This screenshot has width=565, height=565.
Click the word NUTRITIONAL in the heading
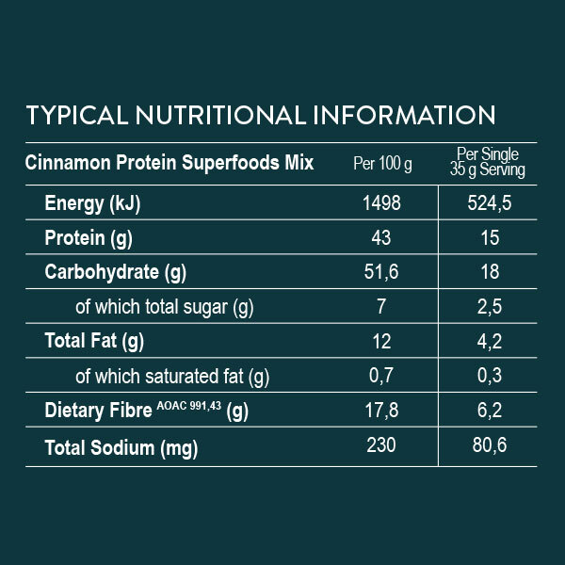pyautogui.click(x=215, y=115)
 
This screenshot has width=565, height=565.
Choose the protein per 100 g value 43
pyautogui.click(x=382, y=238)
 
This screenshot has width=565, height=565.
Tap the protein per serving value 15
pyautogui.click(x=490, y=238)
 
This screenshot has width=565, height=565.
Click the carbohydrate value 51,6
pyautogui.click(x=382, y=273)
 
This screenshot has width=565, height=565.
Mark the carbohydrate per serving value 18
pyautogui.click(x=490, y=273)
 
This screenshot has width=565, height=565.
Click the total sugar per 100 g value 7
pyautogui.click(x=382, y=307)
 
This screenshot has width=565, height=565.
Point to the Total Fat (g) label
pyautogui.click(x=94, y=341)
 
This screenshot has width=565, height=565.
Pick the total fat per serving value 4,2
pyautogui.click(x=490, y=341)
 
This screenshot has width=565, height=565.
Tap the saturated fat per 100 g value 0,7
pyautogui.click(x=382, y=376)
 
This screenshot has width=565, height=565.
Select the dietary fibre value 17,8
pyautogui.click(x=382, y=410)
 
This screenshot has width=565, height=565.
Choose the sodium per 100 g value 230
pyautogui.click(x=382, y=444)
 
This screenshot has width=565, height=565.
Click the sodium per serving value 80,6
pyautogui.click(x=490, y=444)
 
